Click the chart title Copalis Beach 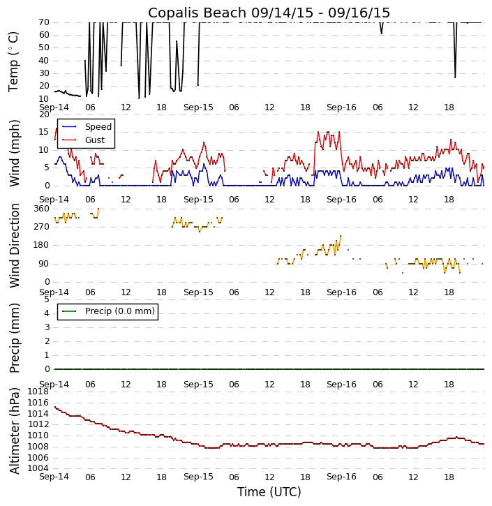click(x=269, y=13)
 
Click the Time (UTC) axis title click(x=269, y=492)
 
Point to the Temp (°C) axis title click(x=14, y=61)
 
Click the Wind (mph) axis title click(x=14, y=152)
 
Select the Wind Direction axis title click(x=14, y=245)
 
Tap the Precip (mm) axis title click(x=14, y=337)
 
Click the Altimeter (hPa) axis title click(x=14, y=430)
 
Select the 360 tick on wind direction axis click(x=41, y=209)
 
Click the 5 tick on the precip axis click(x=46, y=299)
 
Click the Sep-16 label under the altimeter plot click(x=341, y=477)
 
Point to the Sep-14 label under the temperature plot click(x=54, y=107)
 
